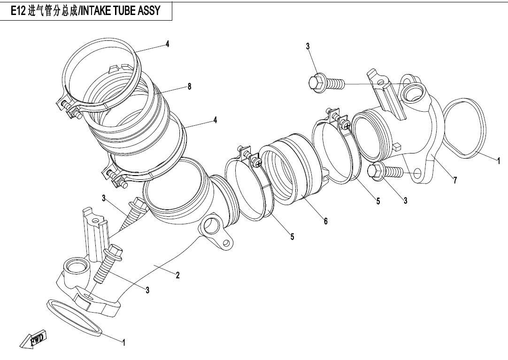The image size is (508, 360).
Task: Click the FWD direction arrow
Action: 34,340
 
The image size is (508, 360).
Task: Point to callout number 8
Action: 189,87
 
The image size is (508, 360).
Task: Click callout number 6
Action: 325,221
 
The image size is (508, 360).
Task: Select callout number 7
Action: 455,180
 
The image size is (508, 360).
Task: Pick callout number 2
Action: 177,276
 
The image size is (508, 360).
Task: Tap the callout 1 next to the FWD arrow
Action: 124,343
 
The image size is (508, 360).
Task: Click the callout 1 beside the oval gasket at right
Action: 499,161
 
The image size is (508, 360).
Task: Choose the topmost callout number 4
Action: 167,44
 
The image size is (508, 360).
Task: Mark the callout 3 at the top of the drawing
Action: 308,46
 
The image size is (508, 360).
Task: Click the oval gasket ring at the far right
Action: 463,127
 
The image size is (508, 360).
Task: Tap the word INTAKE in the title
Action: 95,11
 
